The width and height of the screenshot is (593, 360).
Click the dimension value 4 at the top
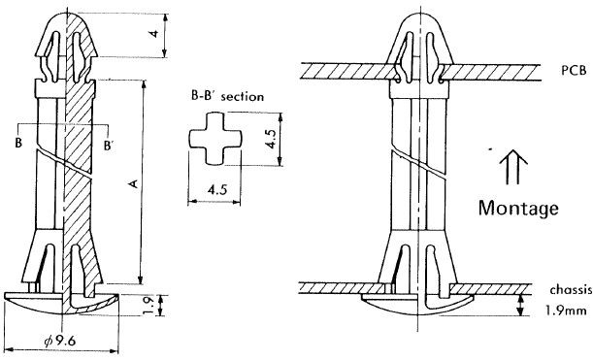[154, 34]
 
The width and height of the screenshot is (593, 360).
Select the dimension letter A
[133, 183]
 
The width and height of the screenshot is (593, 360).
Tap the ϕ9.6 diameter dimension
[60, 341]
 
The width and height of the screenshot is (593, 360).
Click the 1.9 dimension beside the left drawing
[149, 306]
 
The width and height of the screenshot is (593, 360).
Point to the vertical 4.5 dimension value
[271, 138]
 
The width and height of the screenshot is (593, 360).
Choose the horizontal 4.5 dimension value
[217, 189]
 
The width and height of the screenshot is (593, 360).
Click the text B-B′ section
[227, 96]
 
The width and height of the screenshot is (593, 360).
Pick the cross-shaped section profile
[214, 139]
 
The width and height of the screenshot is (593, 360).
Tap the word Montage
[518, 209]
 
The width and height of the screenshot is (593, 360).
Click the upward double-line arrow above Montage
[513, 167]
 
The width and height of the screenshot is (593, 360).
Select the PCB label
[574, 70]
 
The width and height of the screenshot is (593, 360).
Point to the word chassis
[571, 290]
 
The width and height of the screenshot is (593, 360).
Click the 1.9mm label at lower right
[566, 311]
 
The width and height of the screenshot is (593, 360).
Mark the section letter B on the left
[18, 143]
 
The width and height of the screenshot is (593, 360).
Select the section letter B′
[109, 146]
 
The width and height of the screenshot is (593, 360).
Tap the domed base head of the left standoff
[62, 304]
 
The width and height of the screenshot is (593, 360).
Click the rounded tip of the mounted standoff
[419, 18]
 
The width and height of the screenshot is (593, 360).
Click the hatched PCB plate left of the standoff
[348, 71]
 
